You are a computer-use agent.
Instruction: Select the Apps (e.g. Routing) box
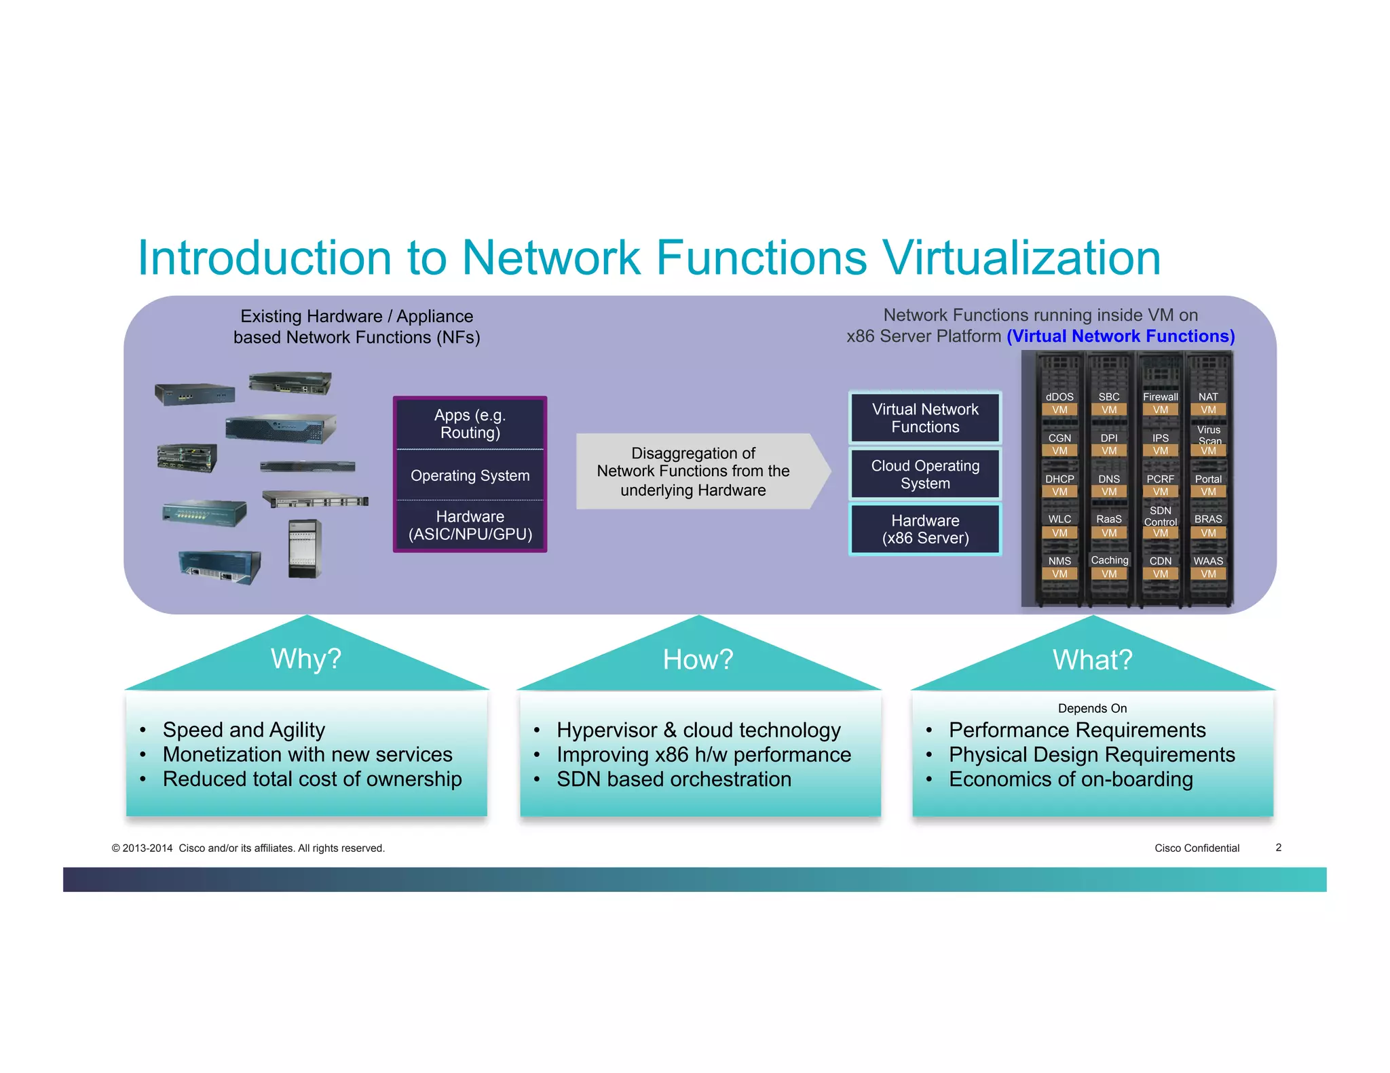click(470, 424)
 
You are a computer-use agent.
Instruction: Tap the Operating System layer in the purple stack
click(470, 475)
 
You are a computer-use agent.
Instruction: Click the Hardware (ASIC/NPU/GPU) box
click(470, 526)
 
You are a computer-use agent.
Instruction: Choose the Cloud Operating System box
click(925, 474)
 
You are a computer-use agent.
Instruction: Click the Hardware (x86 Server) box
click(925, 529)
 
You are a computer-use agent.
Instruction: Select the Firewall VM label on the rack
click(1160, 403)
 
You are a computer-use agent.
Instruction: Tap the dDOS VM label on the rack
click(1059, 403)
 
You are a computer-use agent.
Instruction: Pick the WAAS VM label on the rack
click(1208, 567)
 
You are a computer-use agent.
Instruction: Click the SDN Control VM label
click(1160, 521)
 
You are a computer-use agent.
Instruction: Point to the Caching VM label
click(1109, 566)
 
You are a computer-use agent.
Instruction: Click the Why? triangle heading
click(306, 659)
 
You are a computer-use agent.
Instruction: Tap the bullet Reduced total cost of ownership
click(312, 779)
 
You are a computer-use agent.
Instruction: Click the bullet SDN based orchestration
click(674, 779)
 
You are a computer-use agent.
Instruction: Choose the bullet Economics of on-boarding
click(1070, 779)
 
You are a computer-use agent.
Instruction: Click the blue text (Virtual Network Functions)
click(1121, 336)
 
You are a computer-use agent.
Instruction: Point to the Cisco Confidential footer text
click(1197, 848)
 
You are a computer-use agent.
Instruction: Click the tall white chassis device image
click(304, 548)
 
